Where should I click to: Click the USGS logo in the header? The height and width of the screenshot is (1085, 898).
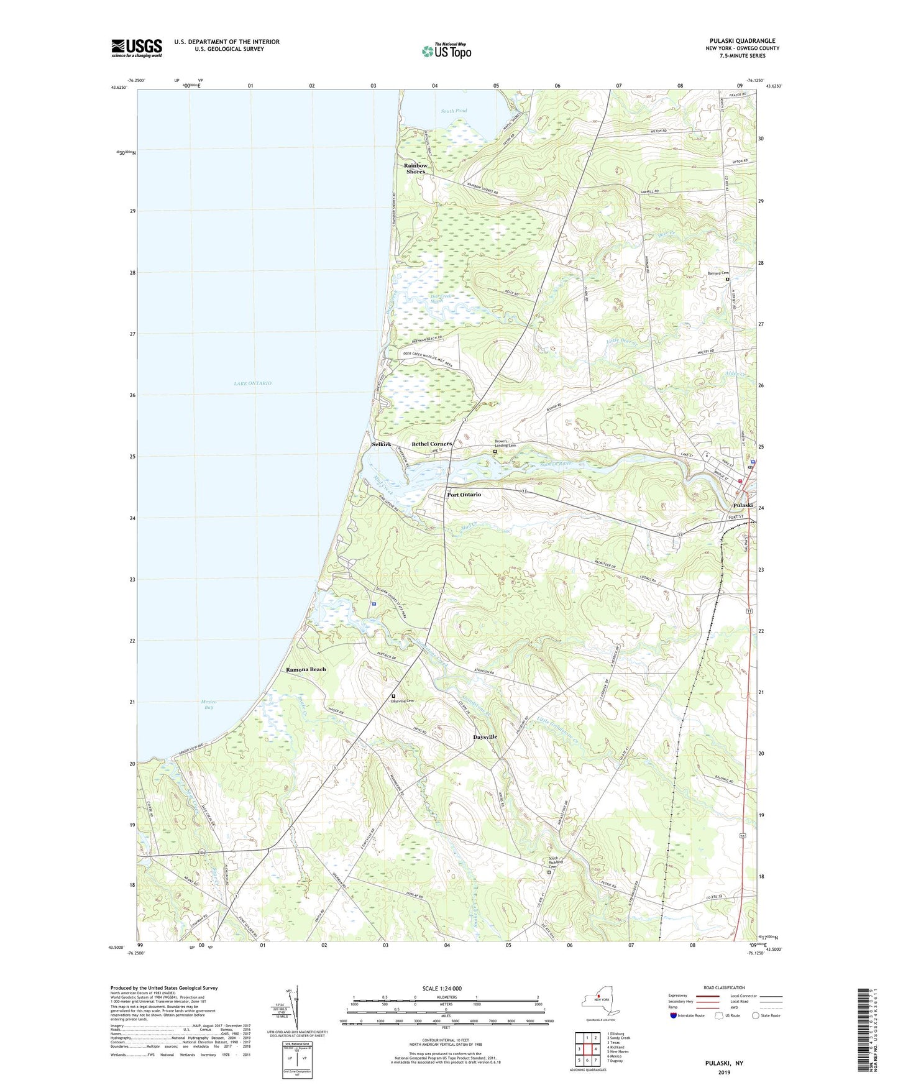tap(137, 48)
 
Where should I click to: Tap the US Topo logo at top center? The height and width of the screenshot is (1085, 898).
tap(446, 51)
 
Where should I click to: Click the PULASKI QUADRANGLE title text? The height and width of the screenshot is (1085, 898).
tap(742, 41)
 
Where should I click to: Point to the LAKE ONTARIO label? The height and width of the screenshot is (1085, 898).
tap(252, 383)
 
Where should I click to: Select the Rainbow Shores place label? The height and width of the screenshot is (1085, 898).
tap(416, 168)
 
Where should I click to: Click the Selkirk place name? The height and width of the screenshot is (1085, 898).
tap(382, 445)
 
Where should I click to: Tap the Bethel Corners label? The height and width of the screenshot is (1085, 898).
tap(431, 444)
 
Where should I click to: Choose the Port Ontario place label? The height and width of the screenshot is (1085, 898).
tap(464, 495)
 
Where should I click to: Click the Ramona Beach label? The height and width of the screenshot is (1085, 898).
tap(306, 669)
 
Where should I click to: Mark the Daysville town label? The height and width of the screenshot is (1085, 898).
tap(485, 737)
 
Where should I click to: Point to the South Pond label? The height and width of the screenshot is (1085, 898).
tap(454, 111)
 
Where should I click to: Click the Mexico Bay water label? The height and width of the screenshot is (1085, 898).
tap(209, 705)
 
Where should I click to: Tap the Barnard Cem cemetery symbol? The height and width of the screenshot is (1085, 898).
tap(728, 280)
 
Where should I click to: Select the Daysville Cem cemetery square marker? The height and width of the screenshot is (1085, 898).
tap(393, 696)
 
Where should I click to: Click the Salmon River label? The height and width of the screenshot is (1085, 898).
tap(555, 464)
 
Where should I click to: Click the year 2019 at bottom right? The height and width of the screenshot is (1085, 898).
tap(724, 1072)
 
